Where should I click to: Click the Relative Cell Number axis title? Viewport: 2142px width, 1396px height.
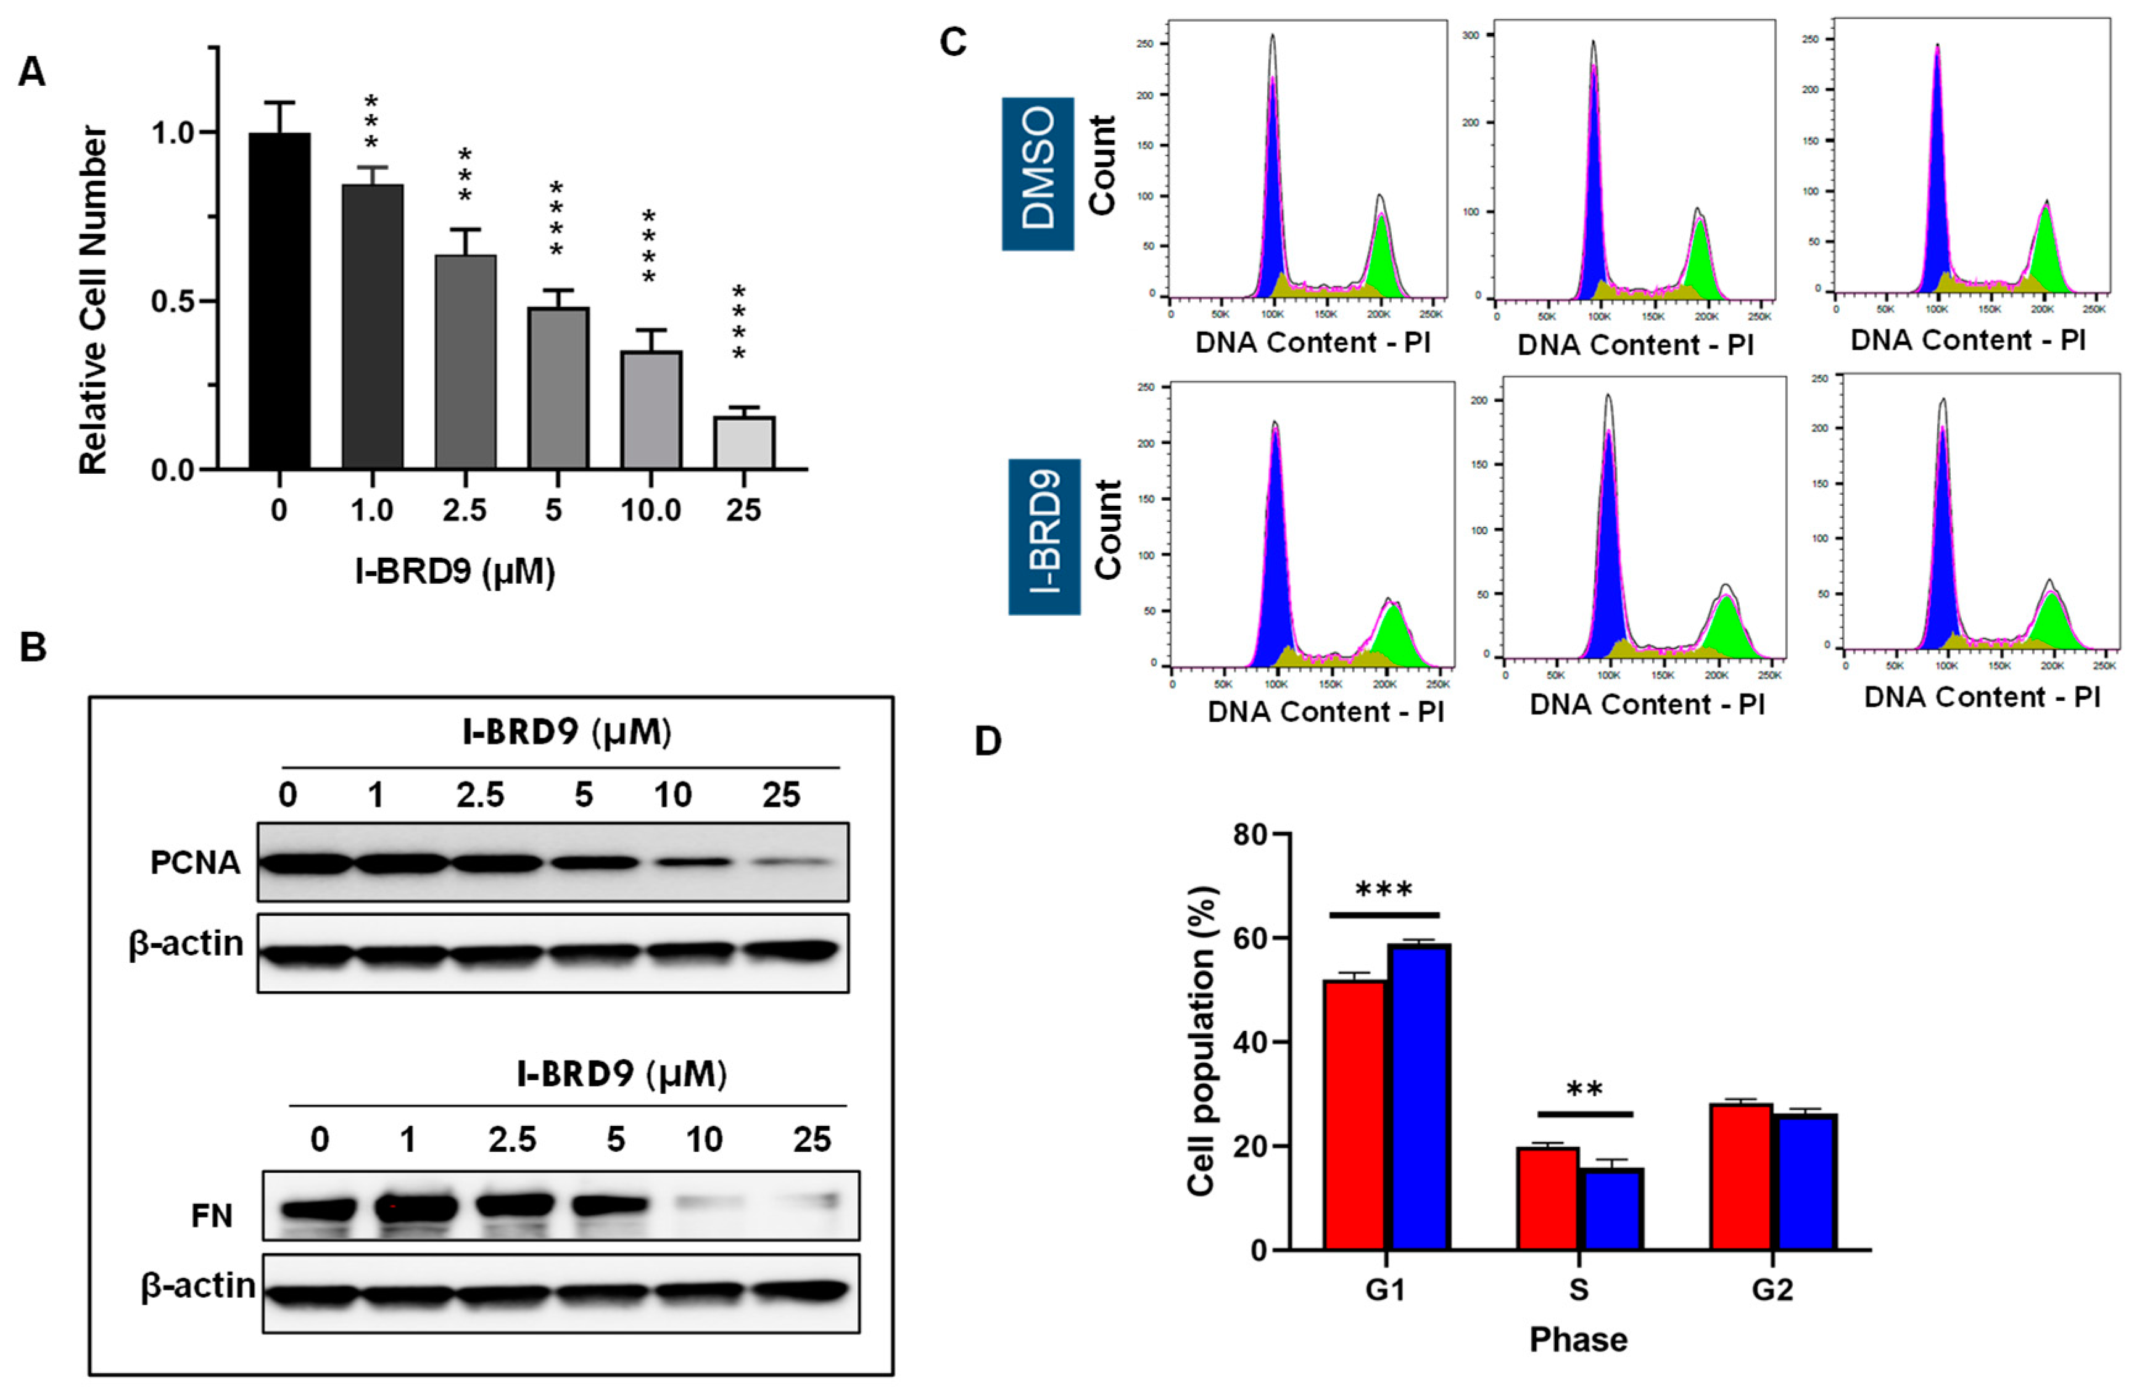click(x=94, y=300)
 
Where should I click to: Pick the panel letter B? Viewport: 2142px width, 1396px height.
click(x=33, y=647)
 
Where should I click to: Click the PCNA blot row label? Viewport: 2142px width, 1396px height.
click(x=196, y=862)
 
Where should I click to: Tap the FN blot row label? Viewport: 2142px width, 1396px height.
click(x=212, y=1216)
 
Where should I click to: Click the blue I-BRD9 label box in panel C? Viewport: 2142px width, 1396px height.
click(x=1044, y=537)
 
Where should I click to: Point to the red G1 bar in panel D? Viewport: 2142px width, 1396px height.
click(x=1355, y=1114)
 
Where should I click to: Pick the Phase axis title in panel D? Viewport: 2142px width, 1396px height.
click(x=1579, y=1339)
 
